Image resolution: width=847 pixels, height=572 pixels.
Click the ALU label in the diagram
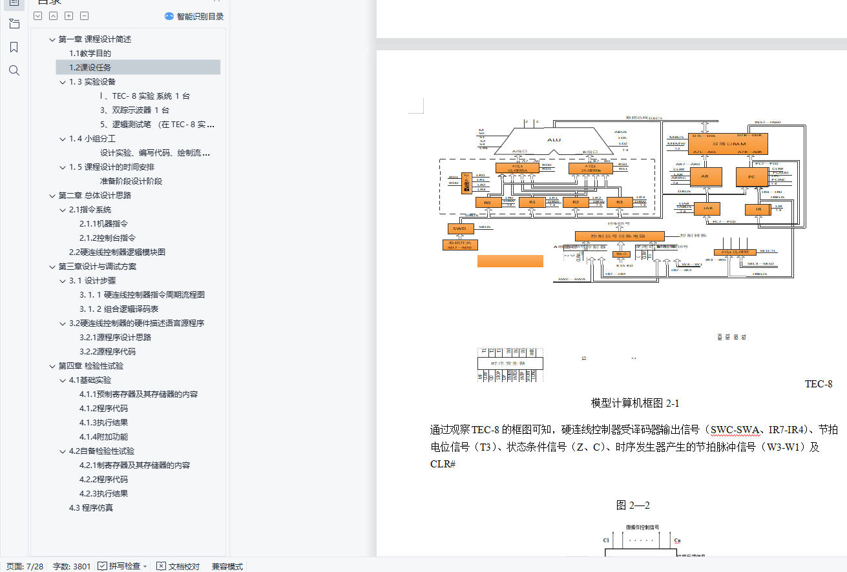[x=554, y=139]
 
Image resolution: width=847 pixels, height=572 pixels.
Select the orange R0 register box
[x=488, y=203]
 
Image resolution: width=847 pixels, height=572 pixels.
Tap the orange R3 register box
[x=620, y=203]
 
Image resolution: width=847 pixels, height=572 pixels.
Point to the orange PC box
[x=751, y=177]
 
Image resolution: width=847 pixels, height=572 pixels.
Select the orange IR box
[x=758, y=209]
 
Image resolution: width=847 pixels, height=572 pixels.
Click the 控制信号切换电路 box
[x=620, y=236]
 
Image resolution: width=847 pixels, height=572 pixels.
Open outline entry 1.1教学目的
[x=90, y=54]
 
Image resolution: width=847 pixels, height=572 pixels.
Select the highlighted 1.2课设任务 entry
[x=90, y=68]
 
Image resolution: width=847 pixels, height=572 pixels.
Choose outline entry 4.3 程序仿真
[x=90, y=508]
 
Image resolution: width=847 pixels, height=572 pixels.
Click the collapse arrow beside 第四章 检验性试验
[x=52, y=366]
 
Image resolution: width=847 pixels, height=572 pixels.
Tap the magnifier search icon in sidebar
[x=14, y=70]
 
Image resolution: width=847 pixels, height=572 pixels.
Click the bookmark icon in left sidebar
[x=14, y=47]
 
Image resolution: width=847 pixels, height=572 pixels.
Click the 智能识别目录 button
[x=194, y=16]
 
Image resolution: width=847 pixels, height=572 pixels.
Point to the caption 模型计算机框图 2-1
[x=634, y=403]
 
